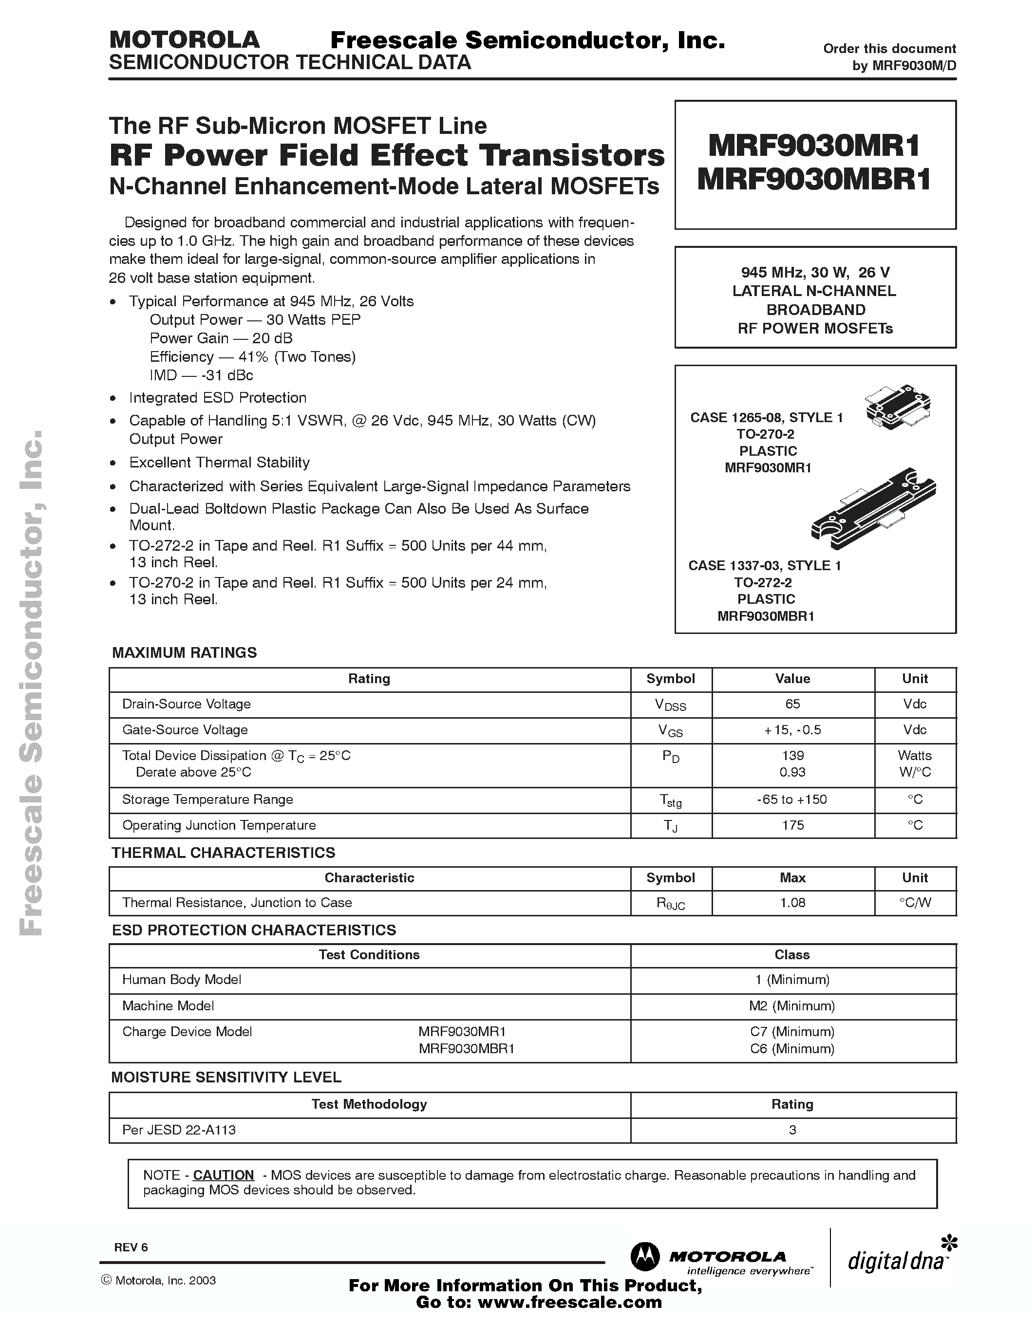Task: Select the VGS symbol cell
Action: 670,730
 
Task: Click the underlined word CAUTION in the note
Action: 223,1175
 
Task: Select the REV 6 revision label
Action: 131,1247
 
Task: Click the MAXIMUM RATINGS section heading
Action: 184,652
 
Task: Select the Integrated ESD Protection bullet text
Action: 217,398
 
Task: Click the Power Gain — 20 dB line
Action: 221,338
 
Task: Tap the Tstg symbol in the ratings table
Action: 670,800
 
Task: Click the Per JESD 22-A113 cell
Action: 179,1130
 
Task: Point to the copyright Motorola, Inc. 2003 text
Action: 158,1281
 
